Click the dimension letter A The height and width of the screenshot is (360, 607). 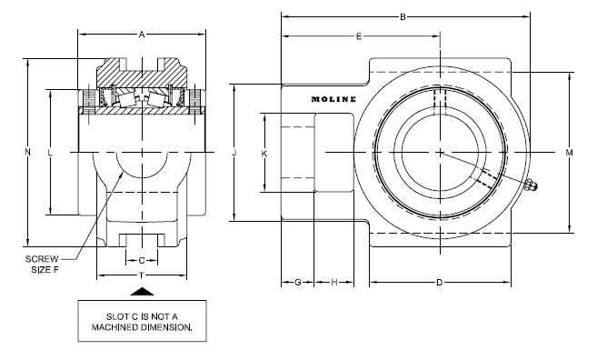point(141,35)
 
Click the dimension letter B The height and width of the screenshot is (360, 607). point(403,15)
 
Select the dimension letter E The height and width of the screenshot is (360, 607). point(359,36)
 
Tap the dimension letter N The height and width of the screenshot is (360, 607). point(27,152)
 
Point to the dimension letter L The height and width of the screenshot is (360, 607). point(50,152)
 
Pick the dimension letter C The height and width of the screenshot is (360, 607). point(141,260)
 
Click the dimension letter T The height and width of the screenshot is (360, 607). point(141,275)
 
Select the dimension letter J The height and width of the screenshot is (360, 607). point(234,153)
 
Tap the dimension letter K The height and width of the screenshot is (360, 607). point(264,154)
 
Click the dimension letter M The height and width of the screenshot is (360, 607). point(569,152)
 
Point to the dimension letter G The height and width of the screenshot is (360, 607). point(297,283)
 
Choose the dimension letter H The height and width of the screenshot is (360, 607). point(333,283)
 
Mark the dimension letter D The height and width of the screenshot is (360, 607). point(439,283)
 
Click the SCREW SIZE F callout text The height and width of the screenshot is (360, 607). point(42,264)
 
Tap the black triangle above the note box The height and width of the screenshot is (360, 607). point(141,291)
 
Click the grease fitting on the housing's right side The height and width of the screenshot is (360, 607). point(531,187)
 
